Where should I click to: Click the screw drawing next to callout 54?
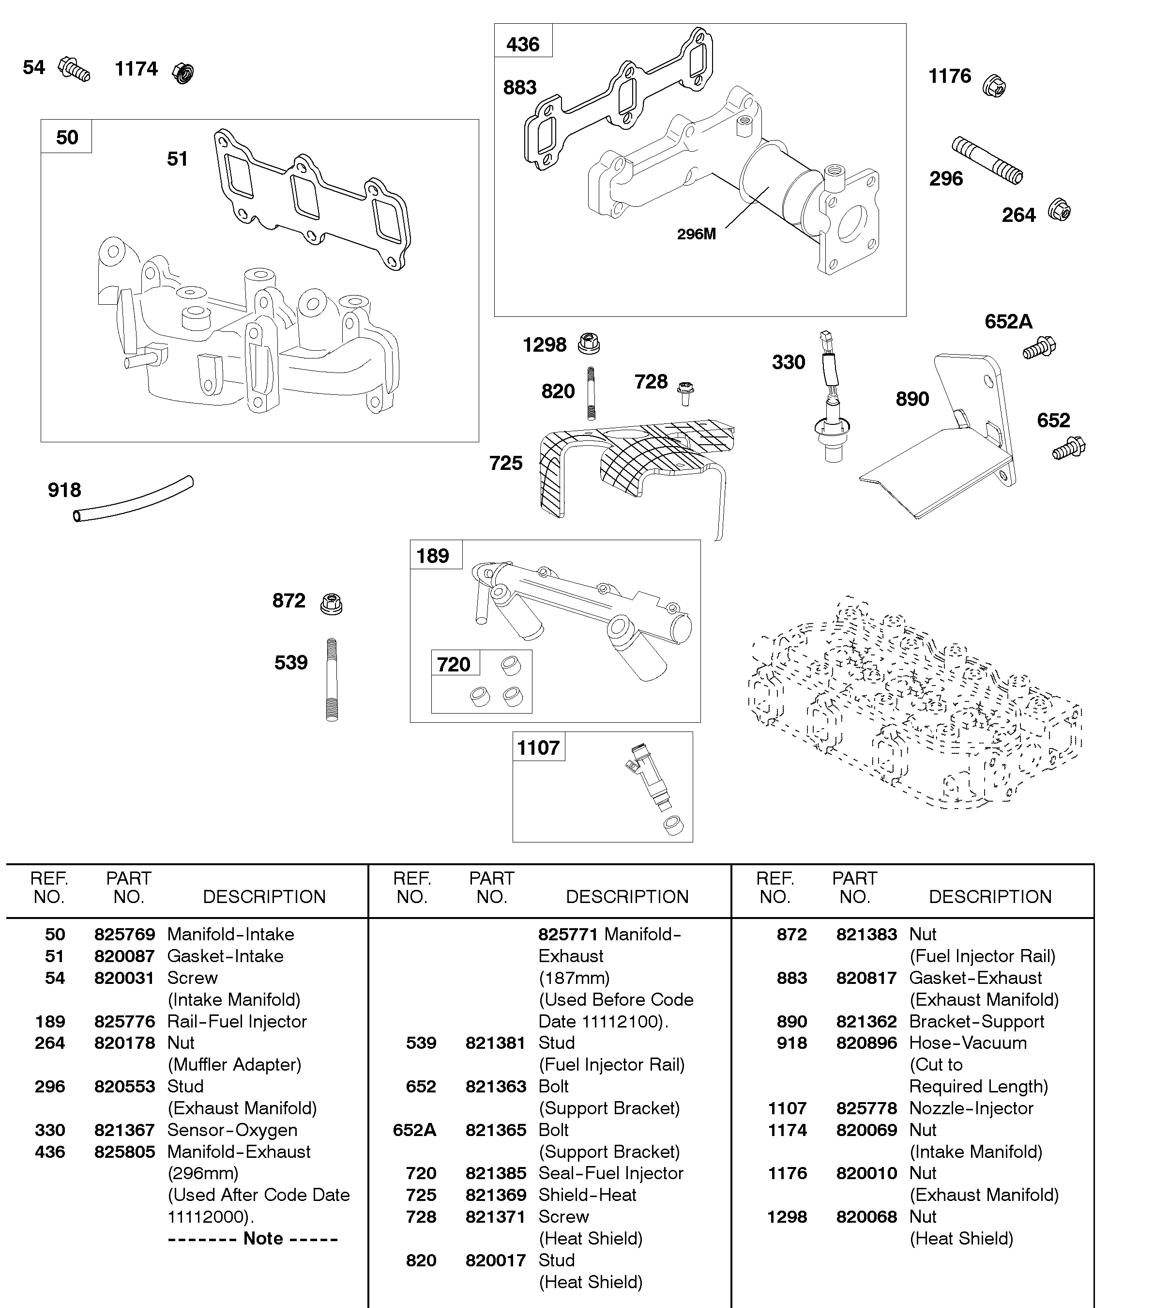[x=75, y=69]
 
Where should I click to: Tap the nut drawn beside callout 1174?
[x=183, y=73]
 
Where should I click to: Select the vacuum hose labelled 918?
[x=133, y=499]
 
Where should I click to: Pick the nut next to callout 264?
[x=1059, y=210]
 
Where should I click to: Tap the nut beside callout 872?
[x=332, y=604]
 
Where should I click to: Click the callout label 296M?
[x=696, y=234]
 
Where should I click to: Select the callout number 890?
[x=912, y=399]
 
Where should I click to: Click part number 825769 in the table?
[x=124, y=934]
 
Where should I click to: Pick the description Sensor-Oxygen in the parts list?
[x=232, y=1129]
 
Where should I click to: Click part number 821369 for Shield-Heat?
[x=495, y=1194]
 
